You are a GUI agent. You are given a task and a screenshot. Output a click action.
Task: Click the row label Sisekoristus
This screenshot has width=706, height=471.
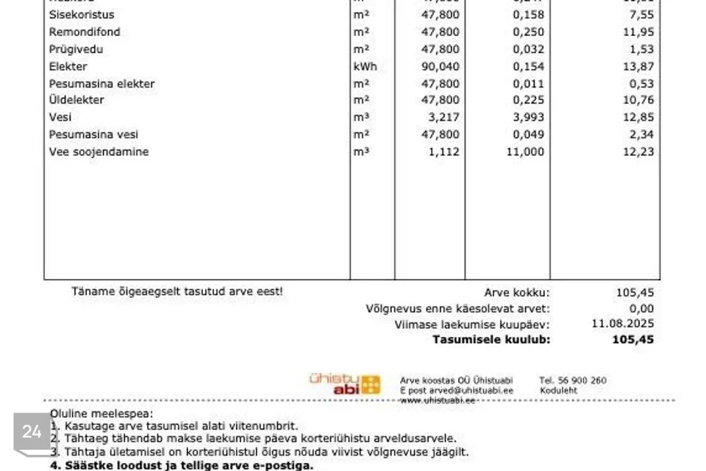pos(82,15)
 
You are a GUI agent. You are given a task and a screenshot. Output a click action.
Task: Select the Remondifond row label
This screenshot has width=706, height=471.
pos(85,32)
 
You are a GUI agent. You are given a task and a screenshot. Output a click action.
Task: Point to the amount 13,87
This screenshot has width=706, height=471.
pos(637,67)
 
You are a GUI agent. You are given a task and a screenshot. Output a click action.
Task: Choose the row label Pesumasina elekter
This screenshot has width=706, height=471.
pos(101,84)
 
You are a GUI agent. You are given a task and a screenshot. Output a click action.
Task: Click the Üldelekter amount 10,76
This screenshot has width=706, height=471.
pos(637,100)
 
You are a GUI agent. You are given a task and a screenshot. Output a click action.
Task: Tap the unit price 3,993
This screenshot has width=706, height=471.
pos(529,117)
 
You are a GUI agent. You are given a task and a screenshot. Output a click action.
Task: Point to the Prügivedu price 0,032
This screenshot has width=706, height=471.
pos(529,49)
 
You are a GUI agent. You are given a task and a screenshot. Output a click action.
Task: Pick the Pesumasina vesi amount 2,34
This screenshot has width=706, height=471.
pos(640,135)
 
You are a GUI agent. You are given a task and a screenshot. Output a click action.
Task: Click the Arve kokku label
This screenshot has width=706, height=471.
pos(516,293)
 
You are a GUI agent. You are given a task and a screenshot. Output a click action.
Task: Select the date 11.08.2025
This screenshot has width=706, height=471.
pos(622,324)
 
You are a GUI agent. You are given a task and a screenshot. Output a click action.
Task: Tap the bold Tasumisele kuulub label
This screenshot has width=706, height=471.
pos(491,340)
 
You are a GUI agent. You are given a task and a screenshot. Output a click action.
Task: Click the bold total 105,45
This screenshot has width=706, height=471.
pos(632,340)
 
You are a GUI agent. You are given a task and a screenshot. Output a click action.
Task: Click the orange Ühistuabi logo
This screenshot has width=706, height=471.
pos(345,383)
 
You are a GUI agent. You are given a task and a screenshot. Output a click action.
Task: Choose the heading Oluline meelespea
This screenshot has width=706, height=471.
pos(101,414)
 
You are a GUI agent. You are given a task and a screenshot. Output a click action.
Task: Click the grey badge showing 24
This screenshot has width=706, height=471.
pos(32,432)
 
